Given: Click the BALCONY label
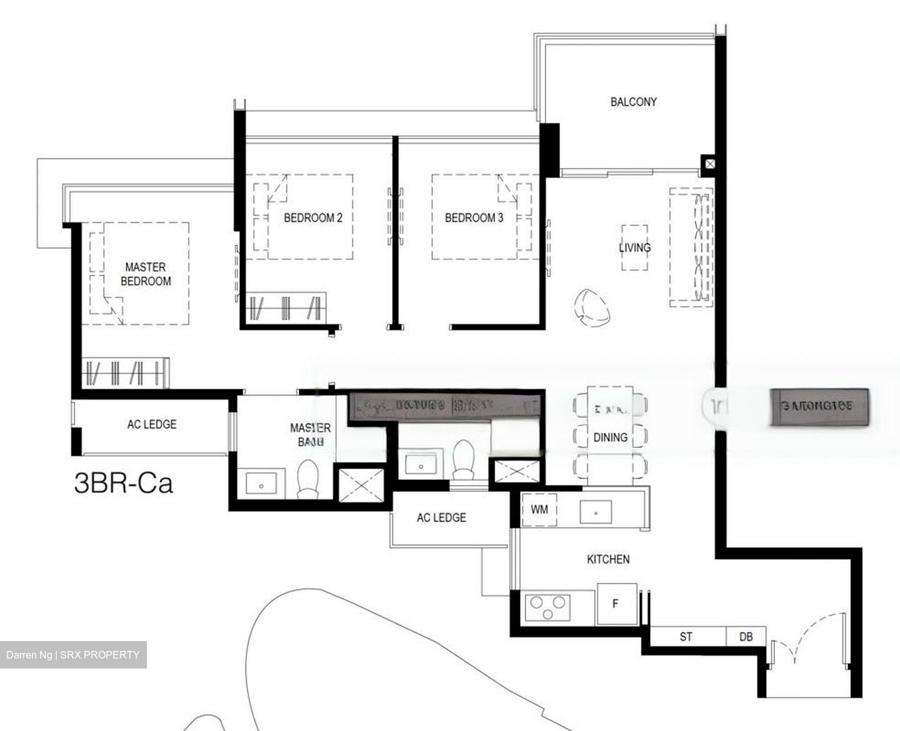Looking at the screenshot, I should point(633,102).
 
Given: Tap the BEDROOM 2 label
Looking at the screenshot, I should point(312,218).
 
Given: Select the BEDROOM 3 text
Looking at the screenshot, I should point(474,218).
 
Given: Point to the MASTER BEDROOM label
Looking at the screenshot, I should point(146,274).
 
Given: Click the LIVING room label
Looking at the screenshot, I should point(634,247).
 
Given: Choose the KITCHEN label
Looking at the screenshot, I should point(607,559).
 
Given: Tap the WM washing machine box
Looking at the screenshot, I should point(539,509).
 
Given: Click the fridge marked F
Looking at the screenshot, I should point(616,604).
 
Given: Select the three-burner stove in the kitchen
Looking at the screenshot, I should point(548,607).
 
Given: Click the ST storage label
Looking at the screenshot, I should point(686,637).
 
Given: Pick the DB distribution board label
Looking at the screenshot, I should point(746,637).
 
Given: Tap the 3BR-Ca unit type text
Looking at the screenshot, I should point(123,484).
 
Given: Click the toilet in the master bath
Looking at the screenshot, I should point(307,479).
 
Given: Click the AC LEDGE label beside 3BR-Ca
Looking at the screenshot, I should point(151,424).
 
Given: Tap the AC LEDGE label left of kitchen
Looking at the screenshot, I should point(441,517).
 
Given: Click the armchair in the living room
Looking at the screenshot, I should point(592,307).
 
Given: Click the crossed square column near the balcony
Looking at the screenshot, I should point(709,164).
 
